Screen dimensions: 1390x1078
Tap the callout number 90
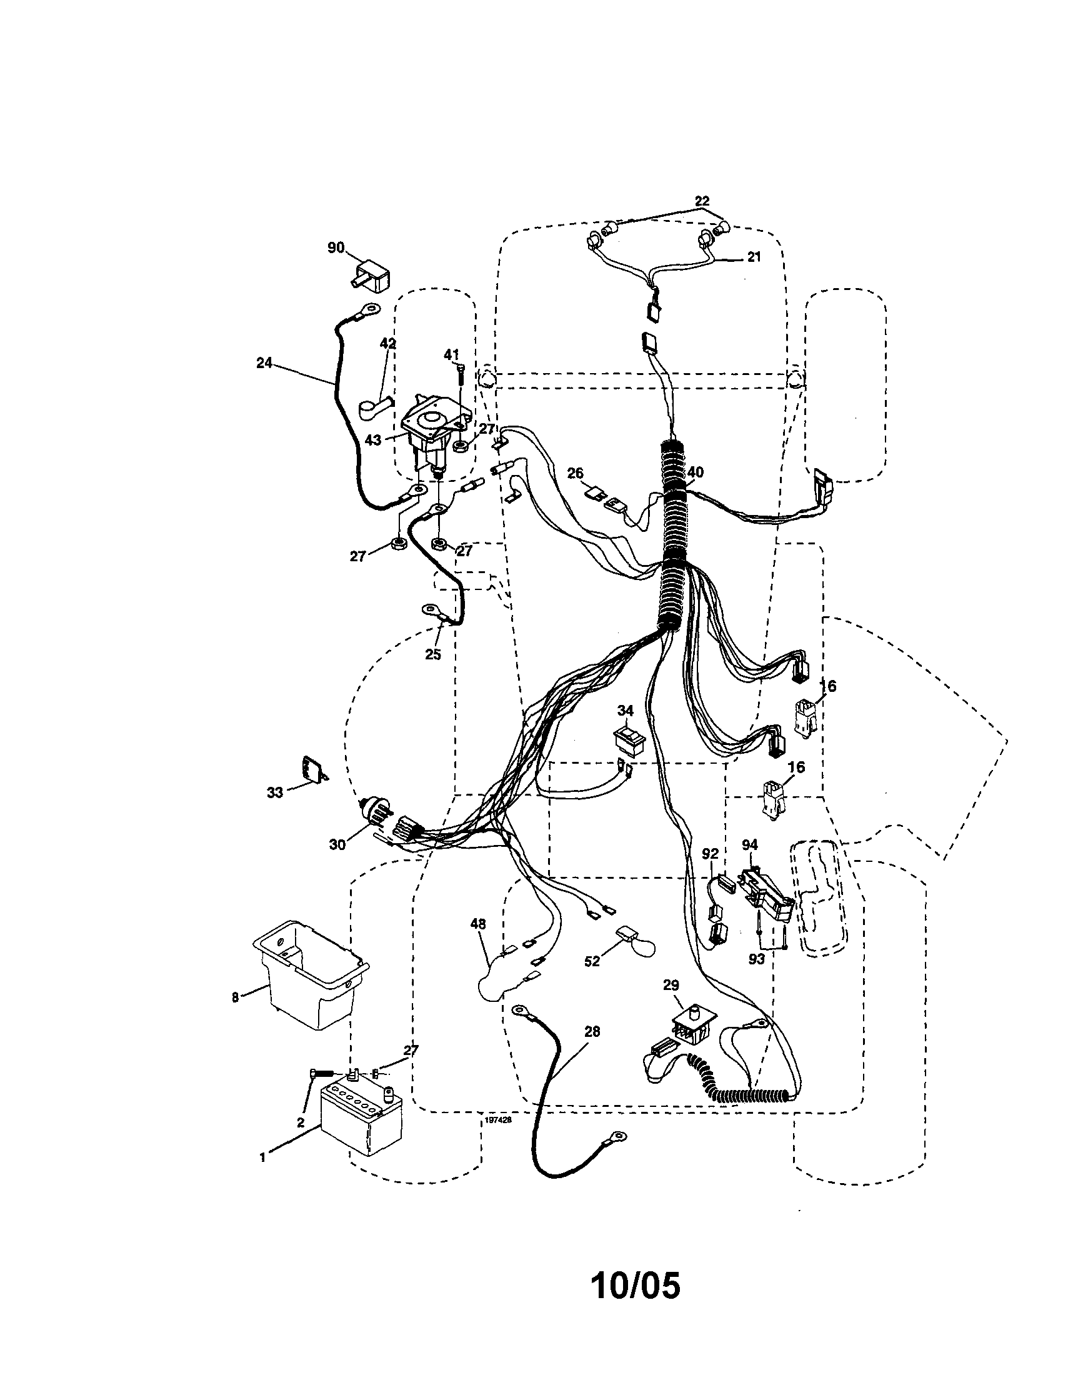tap(336, 247)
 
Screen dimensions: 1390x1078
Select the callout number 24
tap(264, 362)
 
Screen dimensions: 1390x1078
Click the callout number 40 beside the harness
tap(696, 472)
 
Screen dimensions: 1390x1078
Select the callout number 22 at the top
tap(701, 201)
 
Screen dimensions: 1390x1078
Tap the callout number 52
tap(592, 961)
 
